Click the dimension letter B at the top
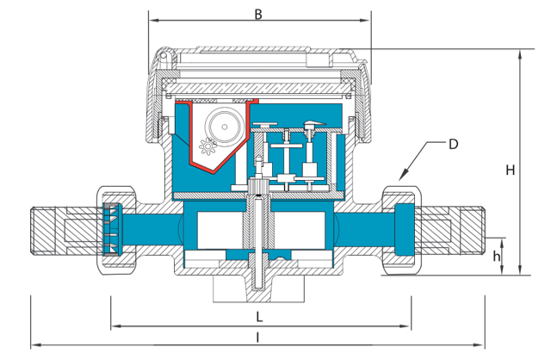click(x=258, y=15)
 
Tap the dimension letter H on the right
click(x=511, y=171)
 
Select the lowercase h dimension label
click(x=496, y=256)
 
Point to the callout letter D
click(x=454, y=144)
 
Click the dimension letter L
click(x=259, y=317)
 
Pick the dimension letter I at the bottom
click(x=257, y=338)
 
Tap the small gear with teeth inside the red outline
click(x=207, y=146)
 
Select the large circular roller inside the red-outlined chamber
click(x=224, y=127)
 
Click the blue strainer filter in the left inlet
click(x=113, y=229)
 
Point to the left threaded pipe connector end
click(x=48, y=230)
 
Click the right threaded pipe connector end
click(x=467, y=230)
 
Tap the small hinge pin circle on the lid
click(x=164, y=55)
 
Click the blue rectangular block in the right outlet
click(x=405, y=230)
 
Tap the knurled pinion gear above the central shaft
click(x=258, y=185)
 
